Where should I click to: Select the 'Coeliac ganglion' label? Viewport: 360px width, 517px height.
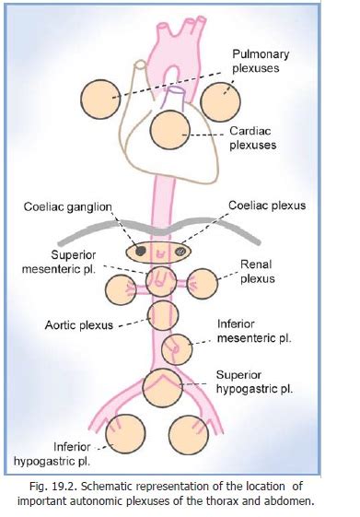click(67, 206)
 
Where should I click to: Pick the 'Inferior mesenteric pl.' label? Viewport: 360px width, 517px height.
click(253, 331)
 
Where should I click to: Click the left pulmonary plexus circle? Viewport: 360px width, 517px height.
click(99, 99)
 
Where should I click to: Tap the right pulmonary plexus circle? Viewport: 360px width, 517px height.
click(220, 100)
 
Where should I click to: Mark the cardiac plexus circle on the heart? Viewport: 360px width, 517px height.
click(171, 129)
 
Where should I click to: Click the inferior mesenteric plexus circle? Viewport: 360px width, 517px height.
click(175, 350)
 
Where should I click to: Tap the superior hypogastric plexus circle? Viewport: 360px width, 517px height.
click(163, 385)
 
